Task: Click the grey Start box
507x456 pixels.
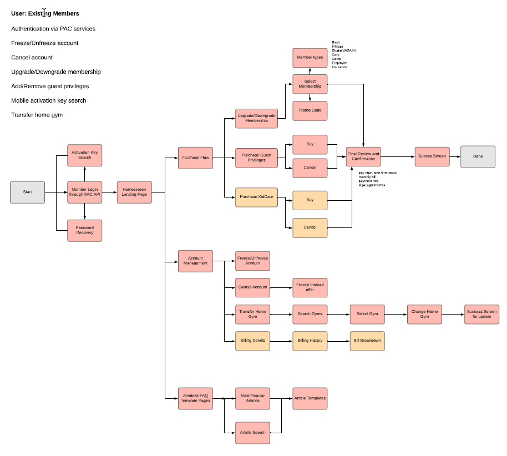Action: [x=27, y=192]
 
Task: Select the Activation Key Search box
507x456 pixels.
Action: [x=84, y=155]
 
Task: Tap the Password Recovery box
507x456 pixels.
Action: [x=84, y=230]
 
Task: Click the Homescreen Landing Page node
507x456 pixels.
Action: [x=134, y=192]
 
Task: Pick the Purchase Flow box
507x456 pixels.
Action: [x=195, y=158]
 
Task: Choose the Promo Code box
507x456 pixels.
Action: [x=310, y=110]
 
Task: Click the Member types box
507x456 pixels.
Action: [x=310, y=58]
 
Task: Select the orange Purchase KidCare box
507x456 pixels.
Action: [x=256, y=197]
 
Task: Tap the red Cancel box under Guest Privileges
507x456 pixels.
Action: [x=310, y=168]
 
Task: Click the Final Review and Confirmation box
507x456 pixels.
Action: [x=363, y=156]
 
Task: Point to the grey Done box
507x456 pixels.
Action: [x=478, y=156]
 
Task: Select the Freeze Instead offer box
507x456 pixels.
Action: [x=310, y=287]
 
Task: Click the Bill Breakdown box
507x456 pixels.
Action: [x=367, y=341]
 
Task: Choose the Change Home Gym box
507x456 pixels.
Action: [x=424, y=314]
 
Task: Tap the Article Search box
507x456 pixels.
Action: [x=252, y=432]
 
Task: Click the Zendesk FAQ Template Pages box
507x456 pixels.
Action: [x=195, y=398]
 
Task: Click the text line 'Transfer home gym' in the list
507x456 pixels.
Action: [x=37, y=115]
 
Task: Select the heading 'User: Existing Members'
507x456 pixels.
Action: [x=44, y=13]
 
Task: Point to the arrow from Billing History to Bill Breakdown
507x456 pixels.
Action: [x=338, y=341]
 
